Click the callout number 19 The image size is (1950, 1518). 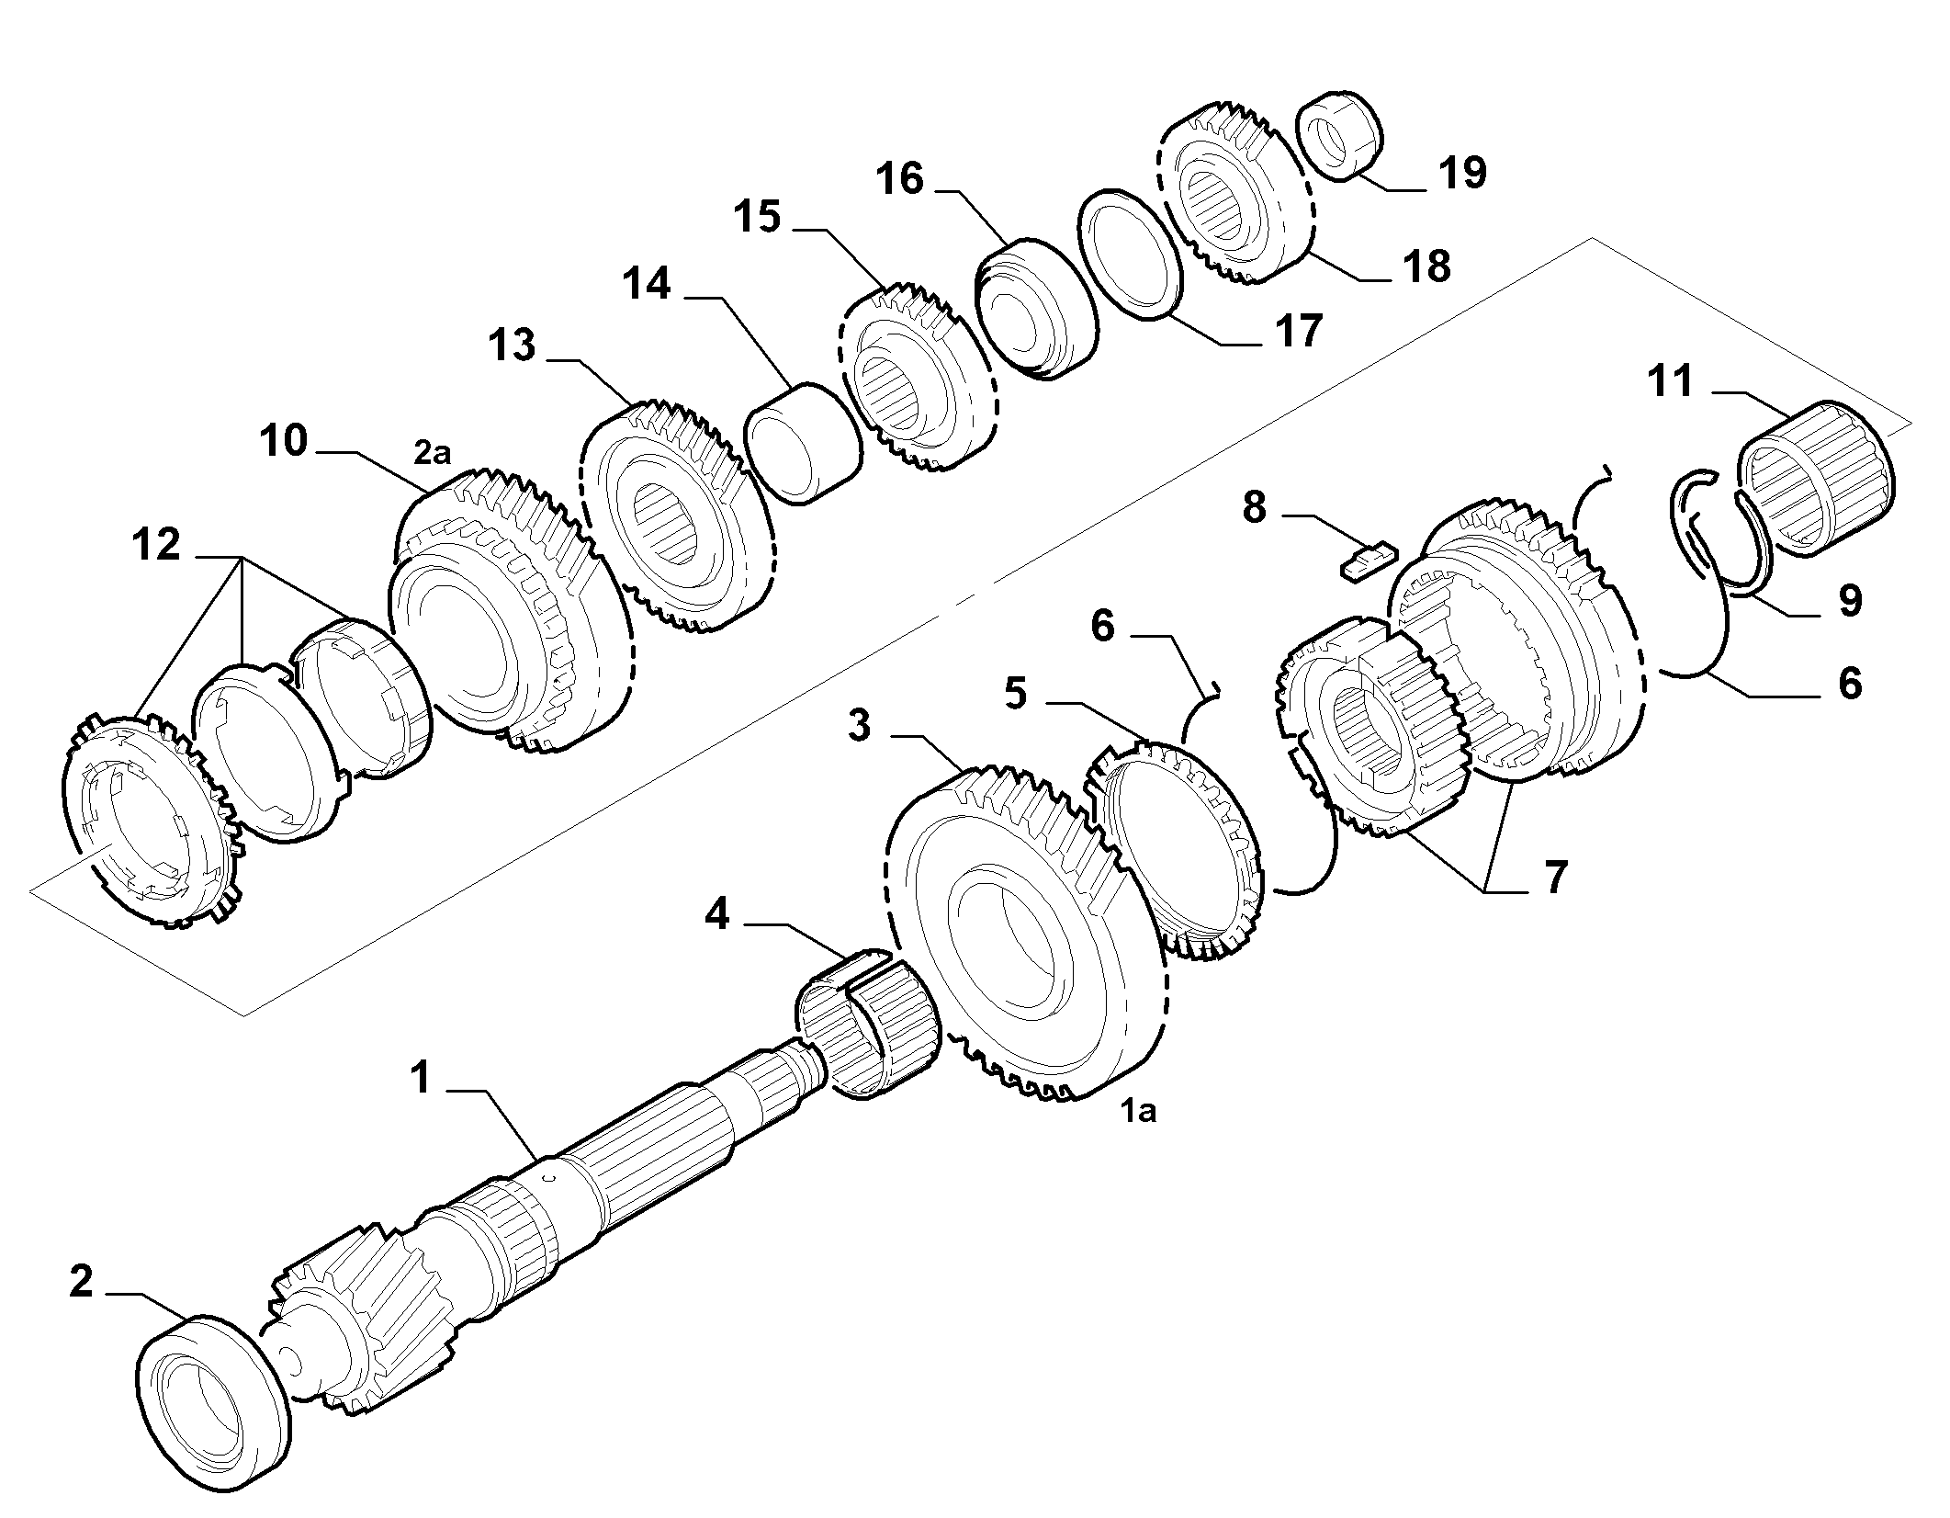coord(1463,172)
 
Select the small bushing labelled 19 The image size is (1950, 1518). coord(1340,133)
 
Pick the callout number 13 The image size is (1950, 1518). coord(512,346)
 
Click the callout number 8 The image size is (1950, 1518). coord(1254,506)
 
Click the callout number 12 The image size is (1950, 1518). coord(156,546)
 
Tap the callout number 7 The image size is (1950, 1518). coord(1553,878)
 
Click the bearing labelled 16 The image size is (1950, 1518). coord(1037,310)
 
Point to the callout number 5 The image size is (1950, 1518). coord(1015,694)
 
